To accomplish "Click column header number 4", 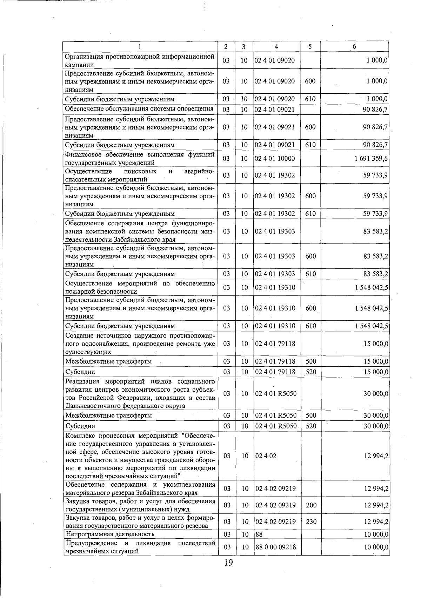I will point(276,47).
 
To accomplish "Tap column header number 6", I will point(354,47).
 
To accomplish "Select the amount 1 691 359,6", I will point(371,159).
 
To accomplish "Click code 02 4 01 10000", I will point(275,159).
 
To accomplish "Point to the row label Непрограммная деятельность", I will point(110,534).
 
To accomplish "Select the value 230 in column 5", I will point(311,522).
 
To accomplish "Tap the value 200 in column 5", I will point(311,505).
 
